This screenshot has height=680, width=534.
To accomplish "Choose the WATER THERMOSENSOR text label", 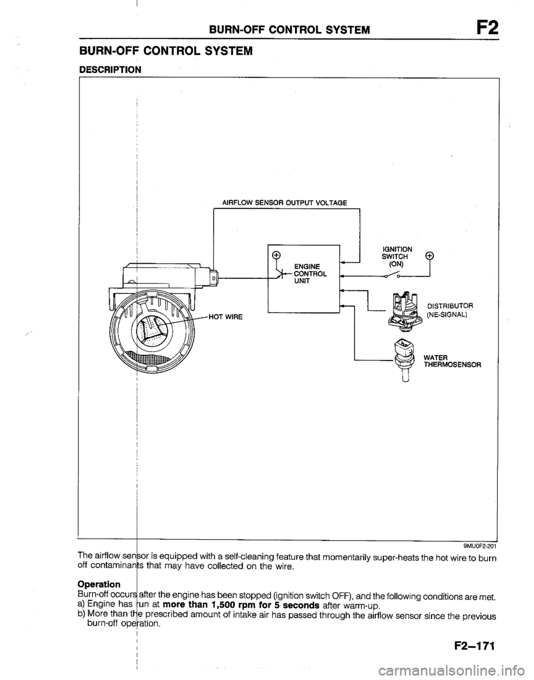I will (452, 361).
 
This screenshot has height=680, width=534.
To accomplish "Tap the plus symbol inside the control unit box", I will (275, 255).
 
